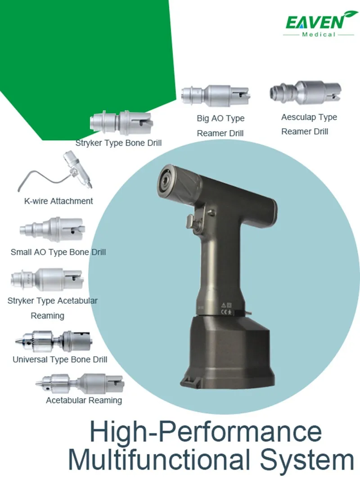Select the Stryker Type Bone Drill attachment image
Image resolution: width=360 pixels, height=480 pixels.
[x=121, y=123]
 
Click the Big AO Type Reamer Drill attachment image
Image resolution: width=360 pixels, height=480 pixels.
[x=216, y=95]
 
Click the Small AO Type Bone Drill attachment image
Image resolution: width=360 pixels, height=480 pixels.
[x=52, y=229]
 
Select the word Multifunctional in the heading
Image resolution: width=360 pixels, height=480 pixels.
[x=159, y=459]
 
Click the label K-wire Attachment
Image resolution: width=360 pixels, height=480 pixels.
[x=58, y=201]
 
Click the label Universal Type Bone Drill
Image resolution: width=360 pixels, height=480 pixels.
[x=60, y=359]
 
